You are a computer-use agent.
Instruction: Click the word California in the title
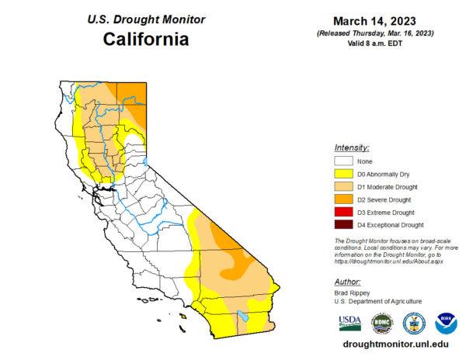coord(147,39)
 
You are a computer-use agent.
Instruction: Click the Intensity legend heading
coord(351,147)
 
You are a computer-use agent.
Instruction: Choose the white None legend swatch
coord(343,161)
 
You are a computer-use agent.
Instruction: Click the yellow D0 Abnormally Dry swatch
coord(343,174)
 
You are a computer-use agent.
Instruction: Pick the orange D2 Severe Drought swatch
coord(343,199)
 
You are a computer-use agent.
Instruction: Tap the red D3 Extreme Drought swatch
coord(343,212)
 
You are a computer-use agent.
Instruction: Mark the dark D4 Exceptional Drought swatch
coord(343,225)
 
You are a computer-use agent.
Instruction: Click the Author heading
coord(347,282)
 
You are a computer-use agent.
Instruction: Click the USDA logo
coord(349,322)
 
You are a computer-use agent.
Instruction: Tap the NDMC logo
coord(382,322)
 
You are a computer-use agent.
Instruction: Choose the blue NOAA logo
coord(445,322)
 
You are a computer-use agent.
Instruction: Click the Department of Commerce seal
coord(414,322)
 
